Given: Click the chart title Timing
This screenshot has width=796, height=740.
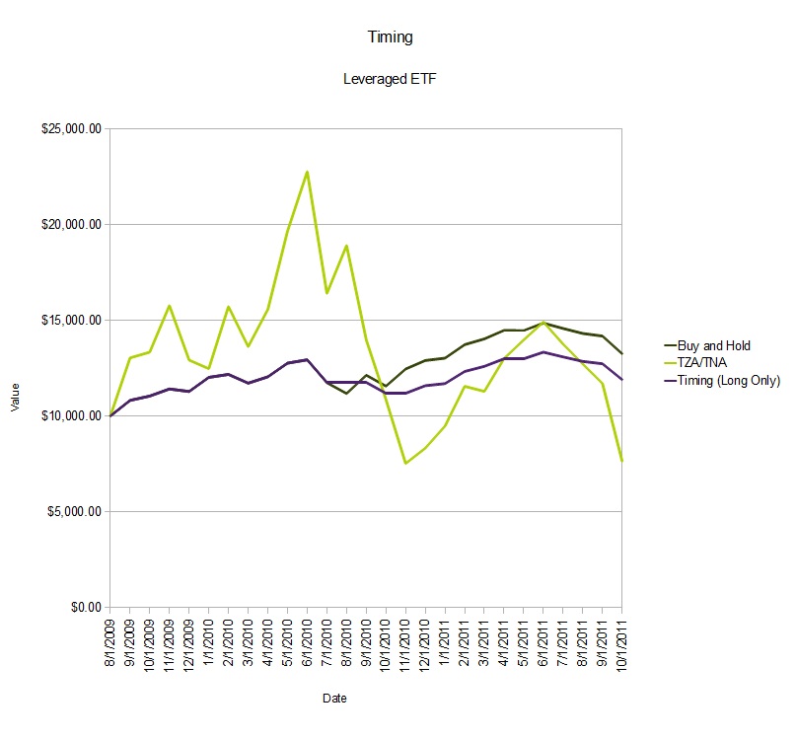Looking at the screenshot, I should [x=390, y=37].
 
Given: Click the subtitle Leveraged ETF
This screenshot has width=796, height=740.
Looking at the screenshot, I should [x=389, y=80].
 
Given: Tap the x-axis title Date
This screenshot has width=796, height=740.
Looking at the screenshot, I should [x=334, y=699].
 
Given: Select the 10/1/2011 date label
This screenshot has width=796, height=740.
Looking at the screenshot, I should [x=621, y=644].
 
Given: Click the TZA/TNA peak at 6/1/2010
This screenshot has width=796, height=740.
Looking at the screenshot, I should [x=307, y=172].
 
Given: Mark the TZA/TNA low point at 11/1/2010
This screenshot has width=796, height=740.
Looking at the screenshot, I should [x=405, y=464].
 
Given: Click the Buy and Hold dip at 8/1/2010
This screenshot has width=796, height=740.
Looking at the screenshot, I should [x=346, y=394].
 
